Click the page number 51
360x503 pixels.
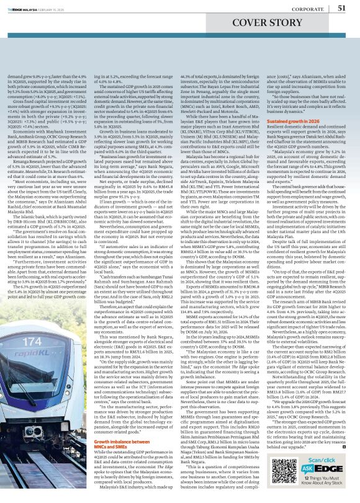coord(341,8)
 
